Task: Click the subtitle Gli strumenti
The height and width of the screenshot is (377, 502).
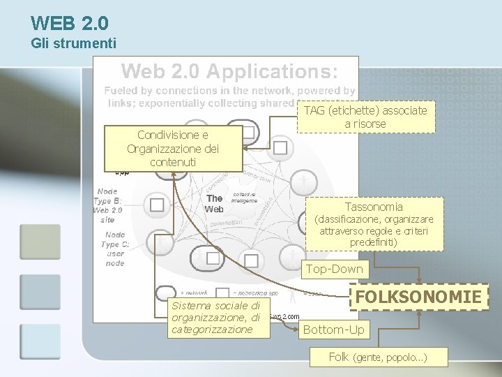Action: click(x=73, y=43)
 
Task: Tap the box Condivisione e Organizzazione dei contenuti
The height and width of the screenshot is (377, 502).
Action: click(x=173, y=148)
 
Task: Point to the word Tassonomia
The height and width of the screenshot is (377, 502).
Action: click(x=374, y=207)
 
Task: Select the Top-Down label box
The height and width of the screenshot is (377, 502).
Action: click(x=335, y=269)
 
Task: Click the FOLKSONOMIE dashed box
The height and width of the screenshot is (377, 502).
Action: click(x=418, y=297)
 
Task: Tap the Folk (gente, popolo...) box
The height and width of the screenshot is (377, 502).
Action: click(x=378, y=357)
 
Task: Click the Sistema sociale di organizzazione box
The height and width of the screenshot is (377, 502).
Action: click(x=215, y=318)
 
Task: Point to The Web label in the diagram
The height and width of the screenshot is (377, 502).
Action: click(x=214, y=203)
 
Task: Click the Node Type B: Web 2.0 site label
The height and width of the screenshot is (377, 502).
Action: click(x=107, y=205)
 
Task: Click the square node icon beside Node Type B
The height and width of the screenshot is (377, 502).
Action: click(x=157, y=204)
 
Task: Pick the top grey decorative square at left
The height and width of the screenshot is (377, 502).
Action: click(x=40, y=242)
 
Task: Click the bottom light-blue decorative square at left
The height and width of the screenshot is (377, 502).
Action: click(x=40, y=341)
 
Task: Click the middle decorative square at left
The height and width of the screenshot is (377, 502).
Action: click(x=40, y=292)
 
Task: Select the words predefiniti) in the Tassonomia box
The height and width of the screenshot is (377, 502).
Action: click(x=374, y=242)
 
